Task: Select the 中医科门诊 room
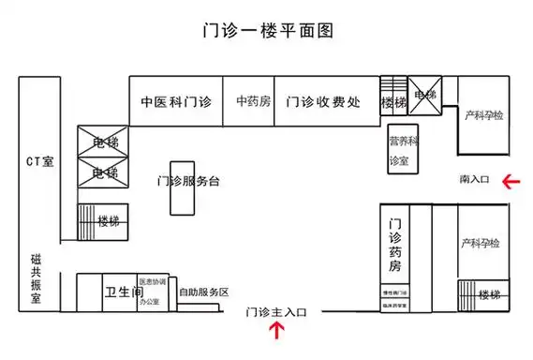coord(176,101)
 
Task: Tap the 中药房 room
coord(253,101)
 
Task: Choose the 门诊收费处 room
coord(323,101)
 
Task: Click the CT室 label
coord(39,161)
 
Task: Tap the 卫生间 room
coord(123,291)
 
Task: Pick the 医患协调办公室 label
coord(153,292)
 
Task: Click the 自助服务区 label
coord(203,292)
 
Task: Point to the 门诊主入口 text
coord(276,311)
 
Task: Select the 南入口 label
coord(475,178)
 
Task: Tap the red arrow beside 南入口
coord(511,180)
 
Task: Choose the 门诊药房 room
coord(395,246)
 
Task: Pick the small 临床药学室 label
coord(395,306)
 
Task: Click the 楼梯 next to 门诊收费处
coord(393,101)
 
